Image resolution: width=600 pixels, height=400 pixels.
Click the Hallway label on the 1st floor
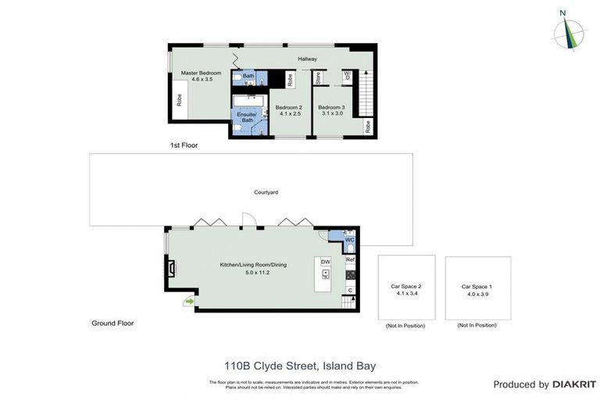tap(306, 59)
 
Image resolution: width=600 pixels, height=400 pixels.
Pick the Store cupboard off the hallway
tap(318, 78)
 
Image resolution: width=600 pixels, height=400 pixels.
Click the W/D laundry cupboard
tap(347, 78)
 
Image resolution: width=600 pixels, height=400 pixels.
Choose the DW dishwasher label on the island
tap(325, 262)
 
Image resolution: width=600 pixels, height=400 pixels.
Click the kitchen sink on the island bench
tap(325, 273)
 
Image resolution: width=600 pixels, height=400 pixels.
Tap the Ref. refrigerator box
tap(351, 259)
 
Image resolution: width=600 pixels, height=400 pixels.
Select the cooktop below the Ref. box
tap(351, 275)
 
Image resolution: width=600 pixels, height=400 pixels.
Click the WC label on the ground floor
tap(338, 240)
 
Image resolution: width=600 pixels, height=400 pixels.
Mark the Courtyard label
tap(266, 191)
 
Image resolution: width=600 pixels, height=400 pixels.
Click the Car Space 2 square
tap(405, 287)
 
